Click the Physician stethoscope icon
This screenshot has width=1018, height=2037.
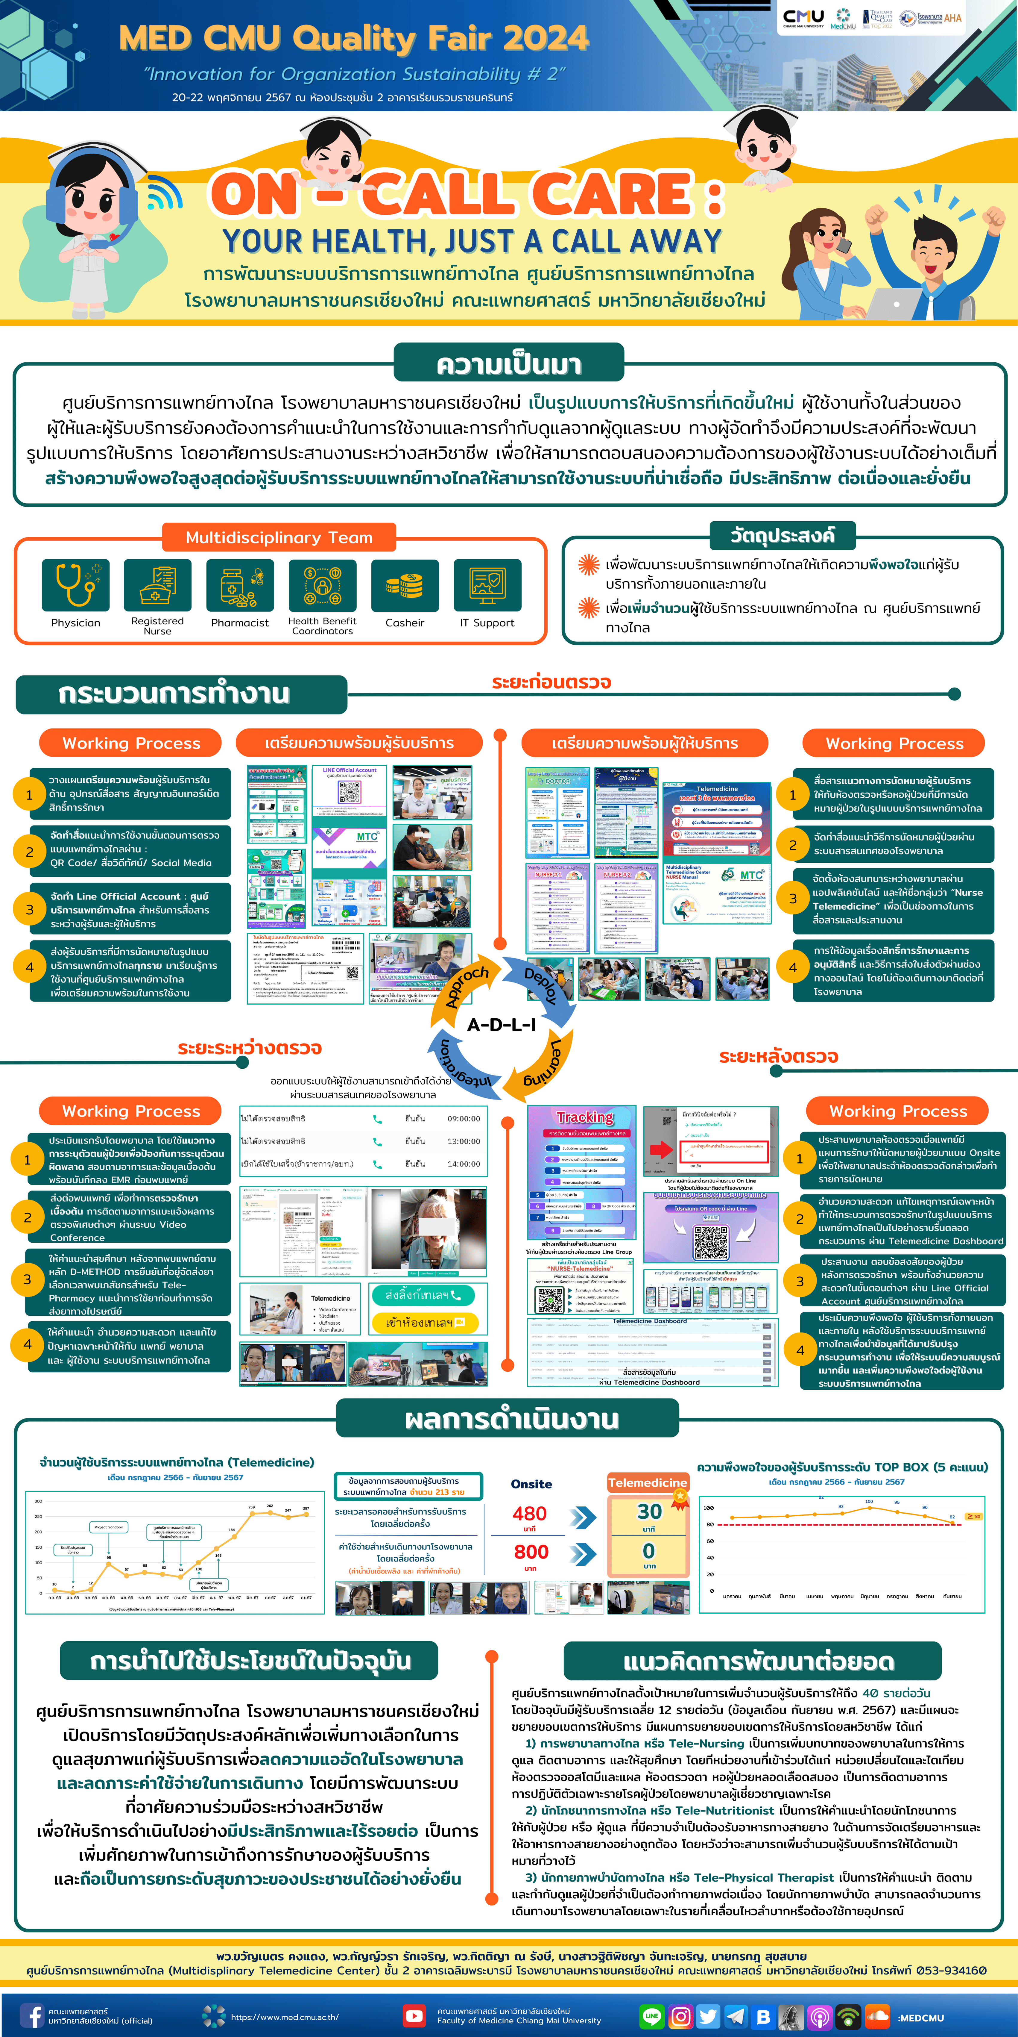click(x=76, y=585)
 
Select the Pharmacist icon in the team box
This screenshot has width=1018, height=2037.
click(x=240, y=585)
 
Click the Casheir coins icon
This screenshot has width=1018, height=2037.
click(x=405, y=585)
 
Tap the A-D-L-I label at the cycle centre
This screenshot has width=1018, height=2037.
click(x=501, y=1025)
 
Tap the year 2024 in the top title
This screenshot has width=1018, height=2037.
click(x=545, y=38)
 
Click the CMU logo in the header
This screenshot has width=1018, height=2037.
click(x=803, y=17)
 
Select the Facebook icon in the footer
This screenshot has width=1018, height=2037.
click(x=32, y=2015)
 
